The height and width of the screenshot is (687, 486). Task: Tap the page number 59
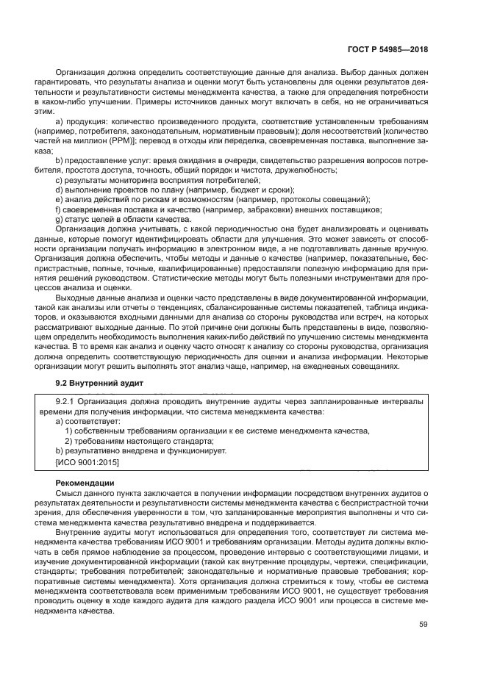point(423,625)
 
